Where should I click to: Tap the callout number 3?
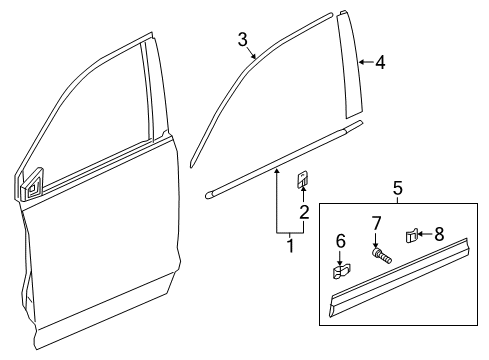coord(242,39)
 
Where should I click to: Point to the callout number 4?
coord(379,63)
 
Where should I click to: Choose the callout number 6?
coord(339,240)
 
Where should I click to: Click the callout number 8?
coord(437,234)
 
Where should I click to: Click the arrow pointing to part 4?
coord(366,63)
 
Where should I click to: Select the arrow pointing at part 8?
coord(425,235)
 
